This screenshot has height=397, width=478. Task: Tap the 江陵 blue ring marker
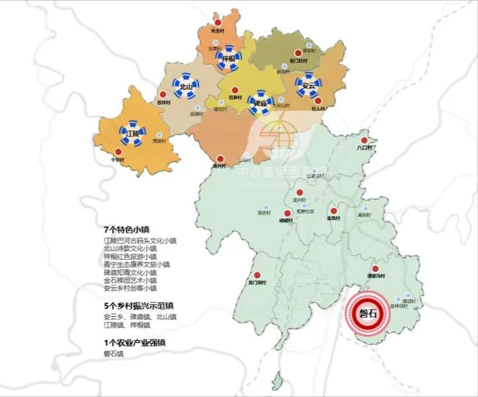point(132,133)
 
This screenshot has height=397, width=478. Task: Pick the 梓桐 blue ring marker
point(228,58)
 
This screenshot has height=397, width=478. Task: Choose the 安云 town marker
point(307,85)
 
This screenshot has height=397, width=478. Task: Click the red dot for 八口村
point(365,140)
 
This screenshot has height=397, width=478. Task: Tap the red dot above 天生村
point(217,22)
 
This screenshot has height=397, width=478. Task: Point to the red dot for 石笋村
point(235,90)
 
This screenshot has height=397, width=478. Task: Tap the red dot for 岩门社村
point(298,52)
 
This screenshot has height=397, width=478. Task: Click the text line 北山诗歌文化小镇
point(130,248)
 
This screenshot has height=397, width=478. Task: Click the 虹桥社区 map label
point(305,212)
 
